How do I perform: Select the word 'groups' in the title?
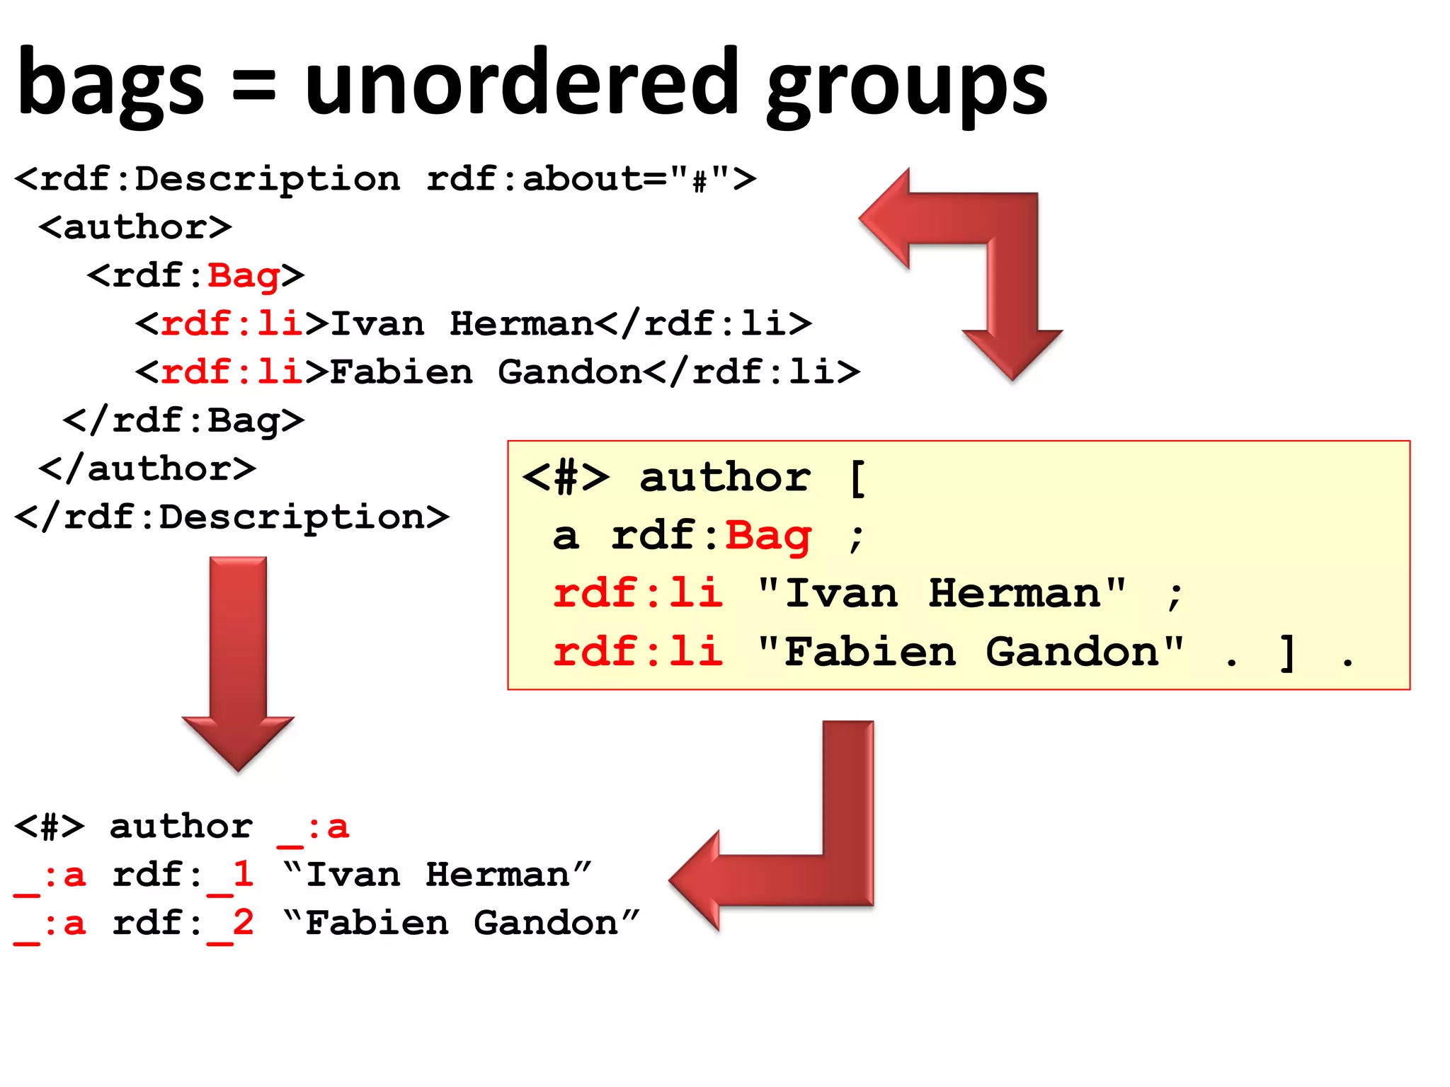[x=906, y=88]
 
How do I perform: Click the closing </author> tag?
[x=147, y=468]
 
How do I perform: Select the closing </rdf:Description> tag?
[x=232, y=517]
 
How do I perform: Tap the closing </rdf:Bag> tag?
[x=184, y=420]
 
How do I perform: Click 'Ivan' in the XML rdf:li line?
[x=377, y=323]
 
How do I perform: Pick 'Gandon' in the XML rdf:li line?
[x=570, y=372]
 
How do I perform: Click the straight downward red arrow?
[x=238, y=658]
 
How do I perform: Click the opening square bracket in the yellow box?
[x=857, y=478]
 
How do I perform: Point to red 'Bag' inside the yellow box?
[x=768, y=536]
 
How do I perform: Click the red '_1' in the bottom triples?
[x=232, y=875]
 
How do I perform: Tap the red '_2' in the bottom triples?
[x=232, y=924]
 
